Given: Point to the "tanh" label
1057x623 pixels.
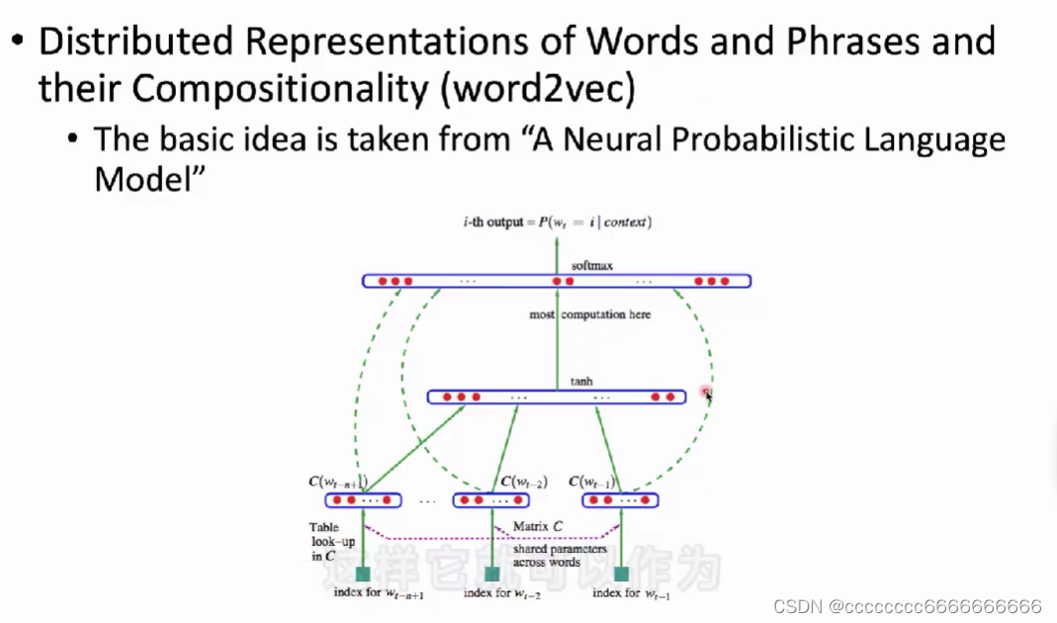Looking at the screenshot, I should [x=581, y=382].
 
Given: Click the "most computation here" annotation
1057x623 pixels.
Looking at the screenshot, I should [x=591, y=314].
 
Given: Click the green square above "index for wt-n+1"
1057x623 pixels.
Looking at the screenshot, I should [x=363, y=574].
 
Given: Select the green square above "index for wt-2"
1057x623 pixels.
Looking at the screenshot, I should [x=491, y=574].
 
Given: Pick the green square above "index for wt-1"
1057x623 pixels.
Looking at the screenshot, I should [x=621, y=574].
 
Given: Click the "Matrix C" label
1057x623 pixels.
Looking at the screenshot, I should [x=537, y=527].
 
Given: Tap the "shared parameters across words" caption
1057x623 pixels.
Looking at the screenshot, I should [x=547, y=555].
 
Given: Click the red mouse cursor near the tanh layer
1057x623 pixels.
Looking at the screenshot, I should [x=707, y=394].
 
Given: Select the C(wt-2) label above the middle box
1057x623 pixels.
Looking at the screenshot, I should [x=523, y=482].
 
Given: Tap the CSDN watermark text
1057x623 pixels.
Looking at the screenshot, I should [x=907, y=605].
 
